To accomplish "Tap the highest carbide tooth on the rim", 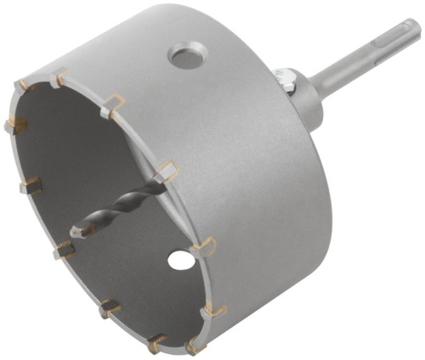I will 58,82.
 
